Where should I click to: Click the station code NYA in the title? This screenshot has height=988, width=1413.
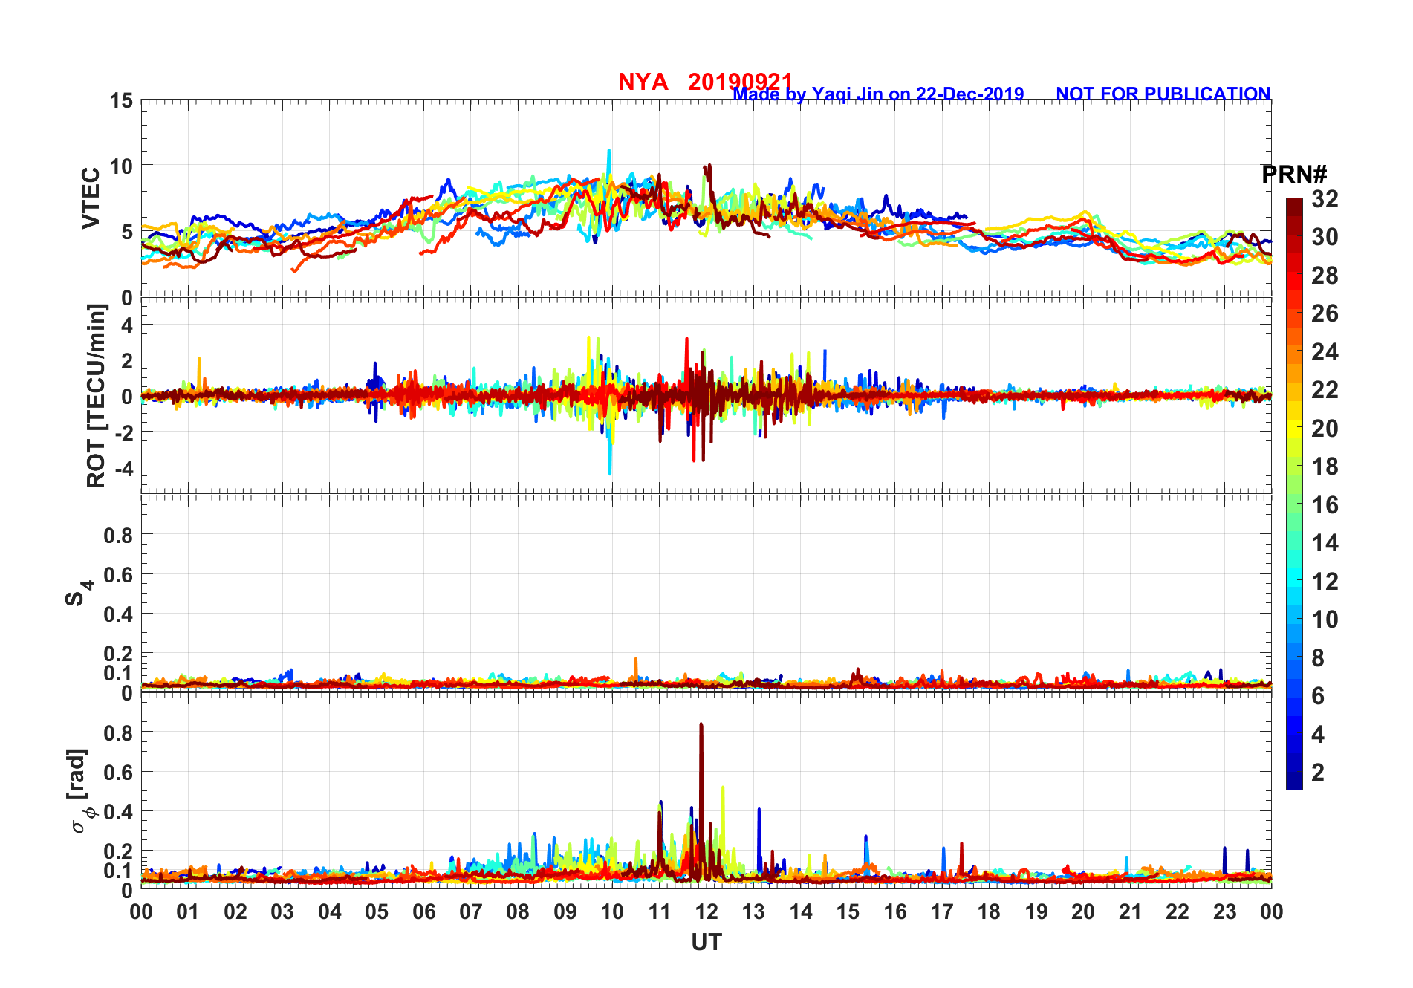[x=643, y=82]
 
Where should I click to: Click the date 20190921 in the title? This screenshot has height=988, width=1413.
[x=740, y=82]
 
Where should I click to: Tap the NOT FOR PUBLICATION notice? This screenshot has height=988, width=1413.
[x=1163, y=94]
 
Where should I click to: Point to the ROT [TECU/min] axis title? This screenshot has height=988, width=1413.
[x=96, y=395]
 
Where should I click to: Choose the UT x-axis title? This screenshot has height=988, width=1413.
[x=706, y=942]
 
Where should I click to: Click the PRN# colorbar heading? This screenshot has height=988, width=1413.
[x=1293, y=175]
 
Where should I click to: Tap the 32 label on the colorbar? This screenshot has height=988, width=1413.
[x=1325, y=199]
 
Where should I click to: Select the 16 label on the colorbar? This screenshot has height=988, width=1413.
[x=1325, y=505]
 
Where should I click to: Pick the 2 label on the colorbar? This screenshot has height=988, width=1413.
[x=1318, y=773]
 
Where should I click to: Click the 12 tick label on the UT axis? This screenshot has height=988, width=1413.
[x=706, y=911]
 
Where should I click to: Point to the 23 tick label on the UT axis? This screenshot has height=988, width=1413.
[x=1224, y=911]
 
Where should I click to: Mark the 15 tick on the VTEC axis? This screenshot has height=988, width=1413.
[x=122, y=101]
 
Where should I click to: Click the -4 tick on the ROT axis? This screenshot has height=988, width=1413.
[x=123, y=468]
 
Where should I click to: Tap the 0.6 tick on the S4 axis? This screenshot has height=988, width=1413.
[x=118, y=574]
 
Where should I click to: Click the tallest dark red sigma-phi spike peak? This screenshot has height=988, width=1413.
[x=701, y=724]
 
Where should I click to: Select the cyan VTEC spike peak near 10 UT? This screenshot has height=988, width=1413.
[x=609, y=150]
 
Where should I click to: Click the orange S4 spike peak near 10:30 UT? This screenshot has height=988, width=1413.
[x=635, y=658]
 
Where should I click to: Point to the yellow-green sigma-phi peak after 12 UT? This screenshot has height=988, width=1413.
[x=723, y=787]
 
